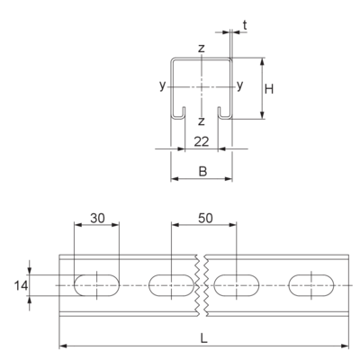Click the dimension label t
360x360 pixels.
point(245,26)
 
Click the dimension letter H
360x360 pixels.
point(269,89)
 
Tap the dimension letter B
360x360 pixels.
point(203,172)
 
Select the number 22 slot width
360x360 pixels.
point(201,141)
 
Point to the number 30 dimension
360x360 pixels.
point(97,219)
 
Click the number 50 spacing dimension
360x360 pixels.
point(205,219)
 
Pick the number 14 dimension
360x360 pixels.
point(21,286)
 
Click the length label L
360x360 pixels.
point(204,339)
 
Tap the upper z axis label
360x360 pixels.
point(202,48)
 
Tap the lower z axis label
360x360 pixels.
point(202,121)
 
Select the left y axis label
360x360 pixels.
point(162,85)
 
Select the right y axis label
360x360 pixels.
point(239,85)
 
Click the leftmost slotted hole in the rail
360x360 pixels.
point(96,285)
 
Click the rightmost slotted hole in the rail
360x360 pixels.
point(311,285)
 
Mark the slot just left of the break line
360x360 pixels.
point(171,285)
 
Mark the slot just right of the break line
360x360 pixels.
point(237,285)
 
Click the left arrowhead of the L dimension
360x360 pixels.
point(63,346)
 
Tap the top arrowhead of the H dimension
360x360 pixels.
point(262,61)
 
